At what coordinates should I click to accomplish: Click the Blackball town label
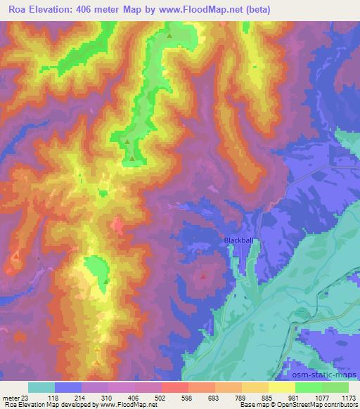tap(238, 240)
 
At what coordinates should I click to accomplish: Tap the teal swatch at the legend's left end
tap(41, 387)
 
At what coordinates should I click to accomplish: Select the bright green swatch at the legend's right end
tap(335, 387)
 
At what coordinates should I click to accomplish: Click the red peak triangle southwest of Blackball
tap(203, 275)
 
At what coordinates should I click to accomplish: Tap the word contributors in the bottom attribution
tap(340, 405)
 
